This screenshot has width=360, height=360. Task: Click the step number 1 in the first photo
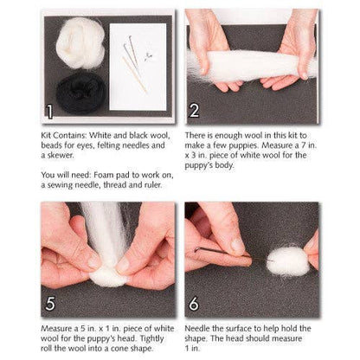(x=51, y=111)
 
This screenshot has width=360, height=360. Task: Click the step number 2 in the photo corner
(x=195, y=111)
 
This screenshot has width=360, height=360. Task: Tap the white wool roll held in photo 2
(x=252, y=66)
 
